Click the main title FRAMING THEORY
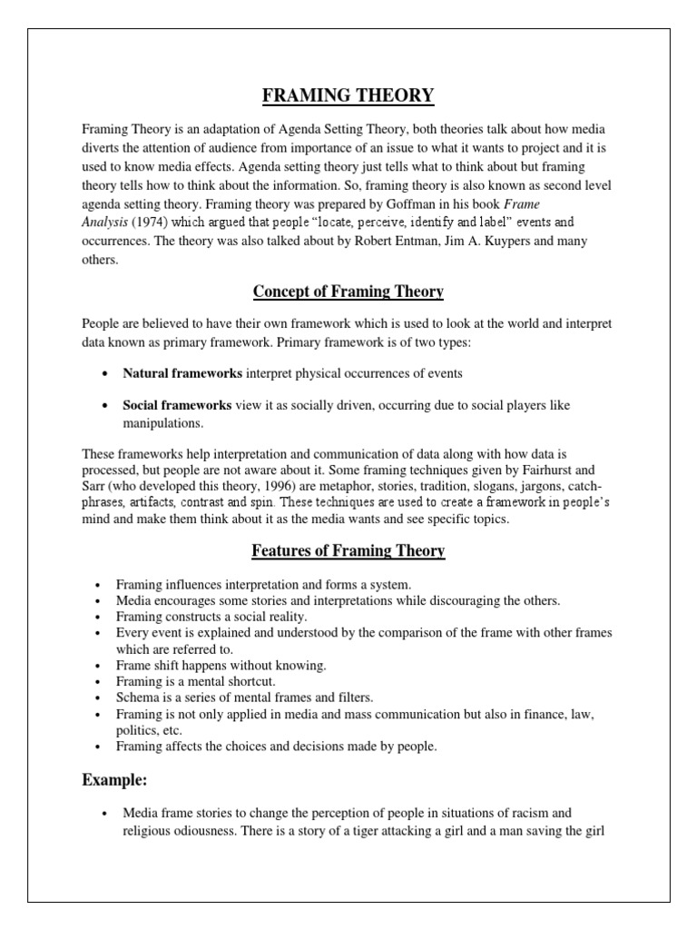(x=348, y=95)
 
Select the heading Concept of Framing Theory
(x=348, y=292)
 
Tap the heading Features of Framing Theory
(x=348, y=551)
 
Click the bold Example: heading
(x=114, y=780)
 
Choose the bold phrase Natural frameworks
(x=182, y=372)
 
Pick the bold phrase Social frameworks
(x=177, y=405)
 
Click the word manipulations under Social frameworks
(x=162, y=423)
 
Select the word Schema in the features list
(x=136, y=697)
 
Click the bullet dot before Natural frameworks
(x=106, y=373)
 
